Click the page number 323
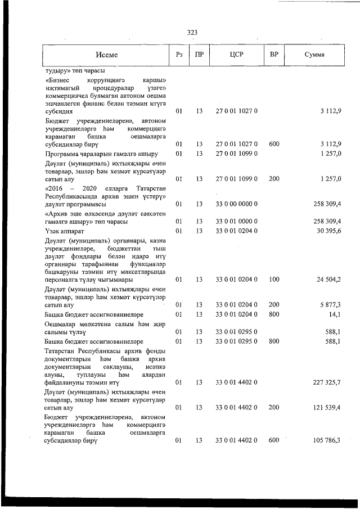192,32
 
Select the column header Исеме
106,55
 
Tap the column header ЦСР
236,55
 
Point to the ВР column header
274,55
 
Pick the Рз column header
179,55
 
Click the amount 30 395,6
327,231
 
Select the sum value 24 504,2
327,279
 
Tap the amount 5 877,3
329,304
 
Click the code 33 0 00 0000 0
236,204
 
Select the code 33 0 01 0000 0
236,221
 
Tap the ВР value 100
274,279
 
